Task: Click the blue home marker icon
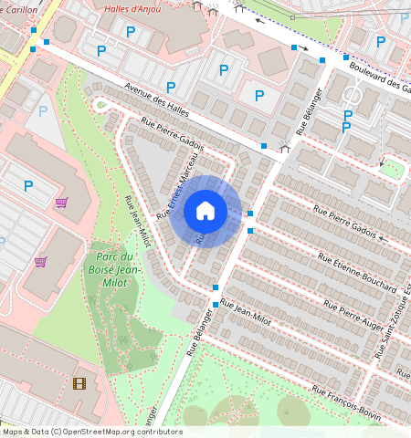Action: (x=205, y=212)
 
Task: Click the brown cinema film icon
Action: (x=79, y=383)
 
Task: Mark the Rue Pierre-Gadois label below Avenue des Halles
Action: (x=172, y=133)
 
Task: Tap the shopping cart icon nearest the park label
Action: (x=40, y=262)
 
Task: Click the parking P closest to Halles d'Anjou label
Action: (x=130, y=32)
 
